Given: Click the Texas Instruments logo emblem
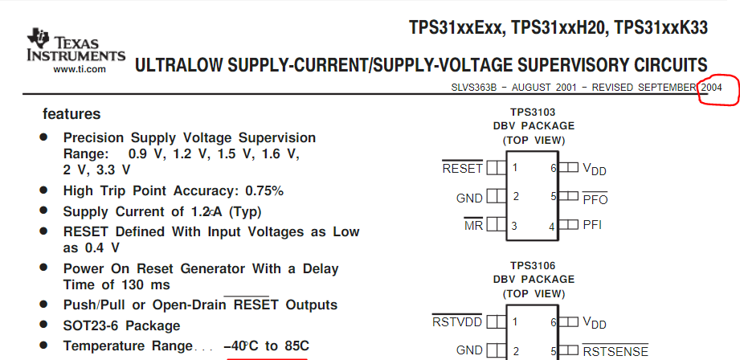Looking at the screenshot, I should pos(38,39).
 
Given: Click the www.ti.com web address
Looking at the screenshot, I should pos(80,69).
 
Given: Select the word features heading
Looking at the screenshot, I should pos(72,114).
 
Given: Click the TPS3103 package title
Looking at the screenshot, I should pos(533,112).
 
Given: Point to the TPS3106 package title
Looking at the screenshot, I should pos(533,265).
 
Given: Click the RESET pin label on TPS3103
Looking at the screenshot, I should pos(462,169).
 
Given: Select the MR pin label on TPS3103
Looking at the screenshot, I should pos(473,226).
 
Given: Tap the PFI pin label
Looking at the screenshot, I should pos(592,225).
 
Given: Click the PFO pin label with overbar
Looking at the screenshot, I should pos(595,198).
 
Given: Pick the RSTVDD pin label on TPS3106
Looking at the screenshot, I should pos(457,322).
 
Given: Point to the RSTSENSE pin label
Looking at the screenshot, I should pos(615,350).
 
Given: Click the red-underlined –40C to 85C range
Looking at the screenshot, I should pos(266,346).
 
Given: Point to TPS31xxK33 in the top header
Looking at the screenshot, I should pos(661,28).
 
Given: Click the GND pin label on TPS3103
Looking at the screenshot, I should pos(469,198).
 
